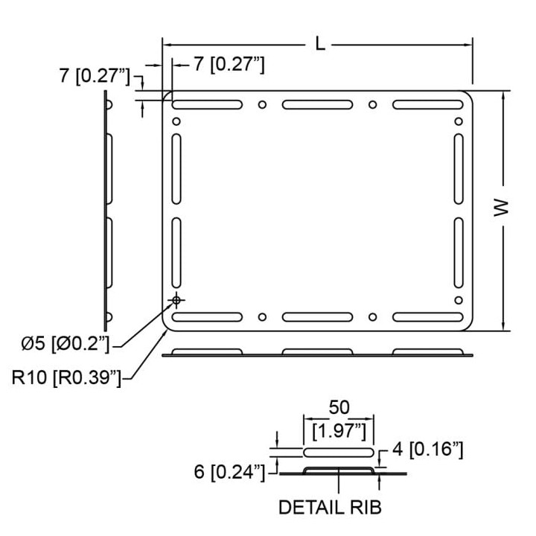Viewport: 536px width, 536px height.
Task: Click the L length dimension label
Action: pyautogui.click(x=319, y=44)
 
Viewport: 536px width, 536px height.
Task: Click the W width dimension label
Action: pyautogui.click(x=501, y=207)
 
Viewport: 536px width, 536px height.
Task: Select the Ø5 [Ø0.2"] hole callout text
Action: pyautogui.click(x=65, y=343)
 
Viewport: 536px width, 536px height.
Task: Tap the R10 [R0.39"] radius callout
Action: pyautogui.click(x=66, y=377)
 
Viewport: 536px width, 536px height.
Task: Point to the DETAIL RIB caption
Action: pyautogui.click(x=330, y=507)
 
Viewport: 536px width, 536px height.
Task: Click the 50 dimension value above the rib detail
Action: pyautogui.click(x=339, y=407)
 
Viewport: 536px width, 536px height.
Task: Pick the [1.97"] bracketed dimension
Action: pyautogui.click(x=339, y=431)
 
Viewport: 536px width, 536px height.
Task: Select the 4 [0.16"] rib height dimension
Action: pyautogui.click(x=427, y=449)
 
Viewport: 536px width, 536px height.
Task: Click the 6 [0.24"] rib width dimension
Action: pyautogui.click(x=229, y=472)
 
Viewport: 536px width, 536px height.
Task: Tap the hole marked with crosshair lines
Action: pyautogui.click(x=176, y=301)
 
